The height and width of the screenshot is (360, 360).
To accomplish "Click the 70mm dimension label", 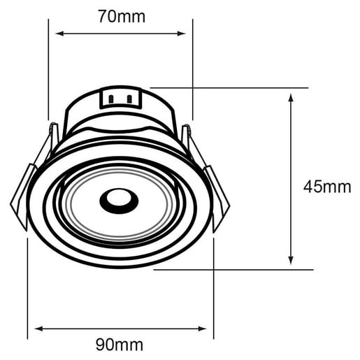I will pos(122,16).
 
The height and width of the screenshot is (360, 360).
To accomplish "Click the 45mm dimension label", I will pos(326,187).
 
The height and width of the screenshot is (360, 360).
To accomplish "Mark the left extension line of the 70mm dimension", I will pos(48,70).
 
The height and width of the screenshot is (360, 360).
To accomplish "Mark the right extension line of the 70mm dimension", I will pos(192,70).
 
